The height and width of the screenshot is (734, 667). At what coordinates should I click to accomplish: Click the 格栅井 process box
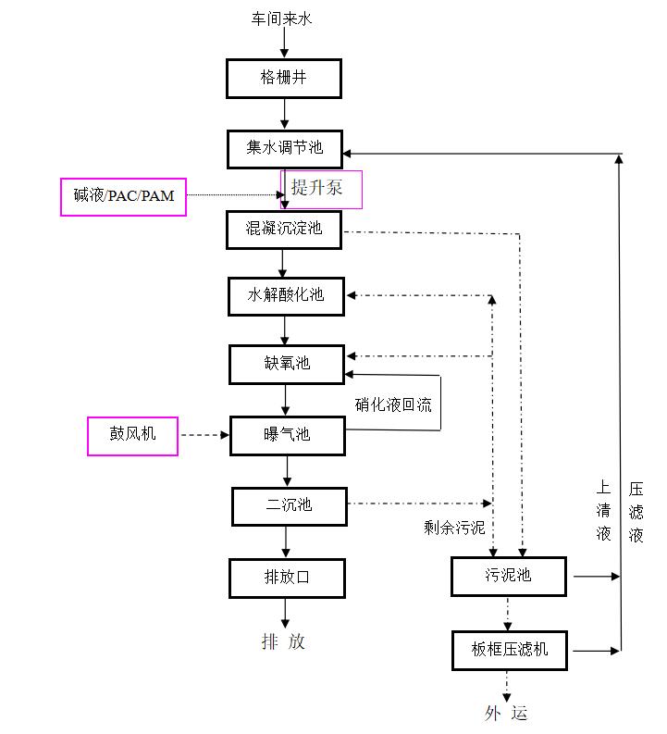click(x=284, y=79)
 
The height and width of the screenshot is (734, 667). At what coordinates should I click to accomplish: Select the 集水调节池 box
click(x=285, y=148)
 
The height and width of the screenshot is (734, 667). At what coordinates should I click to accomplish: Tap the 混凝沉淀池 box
click(x=284, y=230)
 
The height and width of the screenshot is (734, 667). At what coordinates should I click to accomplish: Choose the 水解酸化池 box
click(x=286, y=296)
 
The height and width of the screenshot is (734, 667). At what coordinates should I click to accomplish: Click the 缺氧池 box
click(x=286, y=364)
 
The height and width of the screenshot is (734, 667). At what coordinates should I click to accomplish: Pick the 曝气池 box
click(x=287, y=435)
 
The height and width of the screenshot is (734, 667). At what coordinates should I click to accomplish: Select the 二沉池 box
click(x=288, y=505)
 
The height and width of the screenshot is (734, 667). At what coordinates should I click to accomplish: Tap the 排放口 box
click(x=287, y=578)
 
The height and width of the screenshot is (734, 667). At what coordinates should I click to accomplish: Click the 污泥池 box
click(x=508, y=576)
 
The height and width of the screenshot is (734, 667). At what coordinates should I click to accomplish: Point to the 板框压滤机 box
click(x=509, y=650)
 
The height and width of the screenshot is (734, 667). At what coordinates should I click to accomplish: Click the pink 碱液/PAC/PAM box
click(x=124, y=196)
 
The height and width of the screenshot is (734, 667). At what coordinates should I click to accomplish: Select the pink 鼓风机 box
click(x=133, y=436)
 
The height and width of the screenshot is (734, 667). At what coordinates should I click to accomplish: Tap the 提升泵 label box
click(x=321, y=189)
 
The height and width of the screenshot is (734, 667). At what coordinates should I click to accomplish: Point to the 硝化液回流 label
click(x=393, y=404)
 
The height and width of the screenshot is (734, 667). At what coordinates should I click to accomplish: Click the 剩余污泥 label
click(x=454, y=528)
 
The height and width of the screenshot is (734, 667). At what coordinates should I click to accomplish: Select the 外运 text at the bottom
click(x=506, y=713)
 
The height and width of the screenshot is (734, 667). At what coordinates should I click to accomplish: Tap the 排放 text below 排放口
click(x=283, y=641)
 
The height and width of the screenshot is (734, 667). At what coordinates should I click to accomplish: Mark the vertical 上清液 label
click(x=603, y=510)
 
